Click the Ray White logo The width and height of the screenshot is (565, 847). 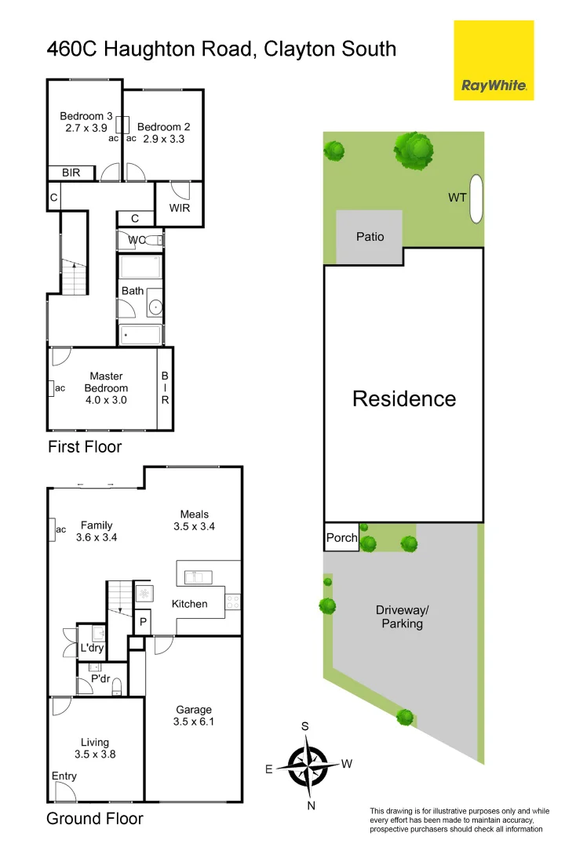pyautogui.click(x=494, y=61)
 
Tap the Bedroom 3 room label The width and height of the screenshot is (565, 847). pyautogui.click(x=84, y=117)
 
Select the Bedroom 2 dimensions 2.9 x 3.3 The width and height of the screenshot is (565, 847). pyautogui.click(x=163, y=139)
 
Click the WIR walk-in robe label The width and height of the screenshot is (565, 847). pyautogui.click(x=180, y=209)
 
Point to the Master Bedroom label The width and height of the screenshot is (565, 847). pyautogui.click(x=106, y=382)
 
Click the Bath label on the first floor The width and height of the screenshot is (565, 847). pyautogui.click(x=132, y=291)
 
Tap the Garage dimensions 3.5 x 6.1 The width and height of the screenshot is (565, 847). pyautogui.click(x=194, y=722)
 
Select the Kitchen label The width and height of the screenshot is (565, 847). pyautogui.click(x=190, y=604)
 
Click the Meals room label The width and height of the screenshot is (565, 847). pyautogui.click(x=194, y=514)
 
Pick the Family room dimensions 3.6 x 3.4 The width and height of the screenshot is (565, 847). pyautogui.click(x=97, y=538)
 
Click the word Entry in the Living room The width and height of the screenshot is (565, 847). pyautogui.click(x=64, y=776)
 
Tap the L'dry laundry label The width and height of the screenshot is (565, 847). pyautogui.click(x=92, y=648)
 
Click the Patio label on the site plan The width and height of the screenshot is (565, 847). pyautogui.click(x=370, y=236)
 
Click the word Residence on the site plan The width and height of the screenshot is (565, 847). pyautogui.click(x=403, y=398)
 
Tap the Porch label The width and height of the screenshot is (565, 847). pyautogui.click(x=341, y=538)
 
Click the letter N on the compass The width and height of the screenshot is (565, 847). pyautogui.click(x=311, y=805)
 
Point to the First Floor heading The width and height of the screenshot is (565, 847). pyautogui.click(x=85, y=447)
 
